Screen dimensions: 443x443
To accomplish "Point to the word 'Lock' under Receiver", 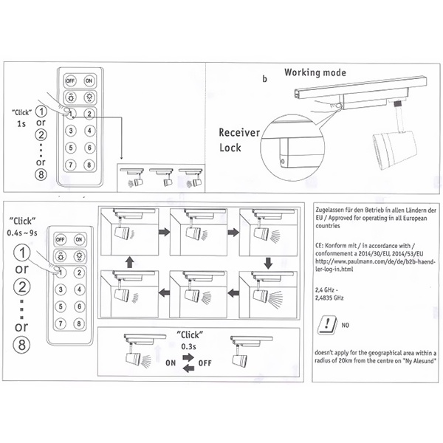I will pos(230,148).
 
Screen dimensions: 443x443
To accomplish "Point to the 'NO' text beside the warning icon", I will pos(345,324).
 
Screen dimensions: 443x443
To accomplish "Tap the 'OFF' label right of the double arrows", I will pos(205,363).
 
